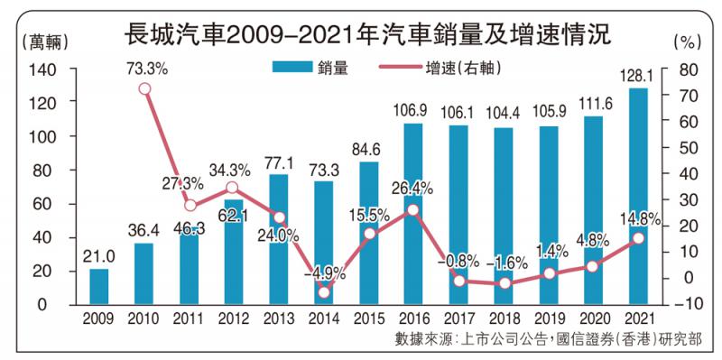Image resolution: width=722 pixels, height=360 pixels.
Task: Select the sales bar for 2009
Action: click(x=99, y=286)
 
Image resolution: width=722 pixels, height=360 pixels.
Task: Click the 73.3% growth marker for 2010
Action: click(x=144, y=88)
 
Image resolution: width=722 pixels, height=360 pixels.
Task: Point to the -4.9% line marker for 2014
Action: click(x=323, y=291)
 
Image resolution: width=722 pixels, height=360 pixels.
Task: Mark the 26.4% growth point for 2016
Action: click(x=412, y=209)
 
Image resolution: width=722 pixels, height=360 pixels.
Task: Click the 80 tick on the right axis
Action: click(x=686, y=69)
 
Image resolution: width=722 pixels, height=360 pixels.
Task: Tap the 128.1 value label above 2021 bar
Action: click(x=637, y=77)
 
